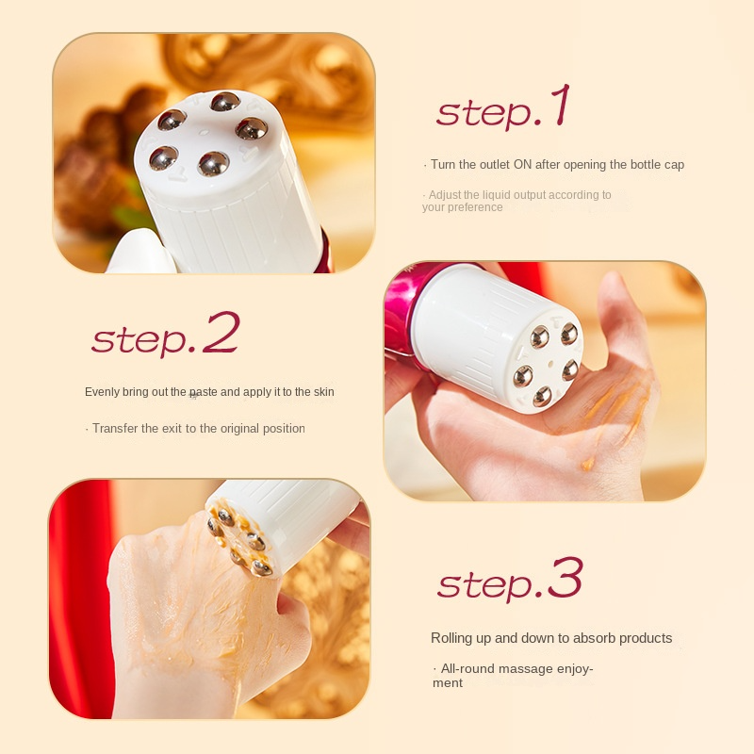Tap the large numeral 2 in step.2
coord(221,334)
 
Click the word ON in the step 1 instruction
coord(522,165)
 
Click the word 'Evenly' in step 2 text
coord(103,392)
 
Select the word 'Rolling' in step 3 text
coord(451,638)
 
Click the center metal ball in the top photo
coord(213,163)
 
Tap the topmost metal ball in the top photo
coord(224,102)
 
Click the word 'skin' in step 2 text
coord(321,392)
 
